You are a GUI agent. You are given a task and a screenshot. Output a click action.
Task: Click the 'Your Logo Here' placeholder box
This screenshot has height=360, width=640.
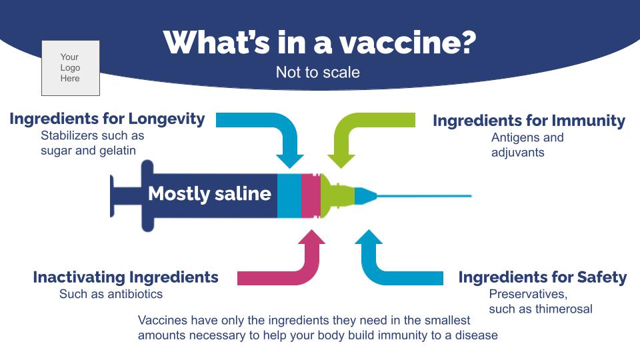tap(70, 68)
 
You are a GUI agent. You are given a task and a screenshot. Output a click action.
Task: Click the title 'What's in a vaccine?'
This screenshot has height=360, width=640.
tap(319, 43)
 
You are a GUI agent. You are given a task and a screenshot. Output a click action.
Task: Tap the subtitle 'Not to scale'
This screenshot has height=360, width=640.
tap(318, 72)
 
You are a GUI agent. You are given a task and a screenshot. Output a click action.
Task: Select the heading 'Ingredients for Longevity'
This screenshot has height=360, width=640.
tap(107, 119)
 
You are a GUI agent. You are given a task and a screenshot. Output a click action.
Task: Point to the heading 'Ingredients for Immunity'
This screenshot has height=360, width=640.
tap(529, 121)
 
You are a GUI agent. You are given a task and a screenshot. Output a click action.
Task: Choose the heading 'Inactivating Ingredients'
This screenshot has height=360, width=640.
tap(125, 277)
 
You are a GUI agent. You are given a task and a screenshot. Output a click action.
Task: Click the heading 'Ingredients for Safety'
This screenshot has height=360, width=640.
tap(542, 277)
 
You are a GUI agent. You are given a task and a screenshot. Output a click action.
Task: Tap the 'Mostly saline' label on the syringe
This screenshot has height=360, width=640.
tap(209, 194)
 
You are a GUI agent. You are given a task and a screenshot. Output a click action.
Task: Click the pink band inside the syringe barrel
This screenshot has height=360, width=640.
tap(310, 195)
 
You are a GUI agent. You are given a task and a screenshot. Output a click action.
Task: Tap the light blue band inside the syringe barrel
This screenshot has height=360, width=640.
tap(289, 195)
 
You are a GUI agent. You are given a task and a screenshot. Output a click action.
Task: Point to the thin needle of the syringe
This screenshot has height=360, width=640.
tap(427, 196)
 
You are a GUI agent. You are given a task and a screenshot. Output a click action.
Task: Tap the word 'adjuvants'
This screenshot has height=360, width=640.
tap(518, 153)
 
